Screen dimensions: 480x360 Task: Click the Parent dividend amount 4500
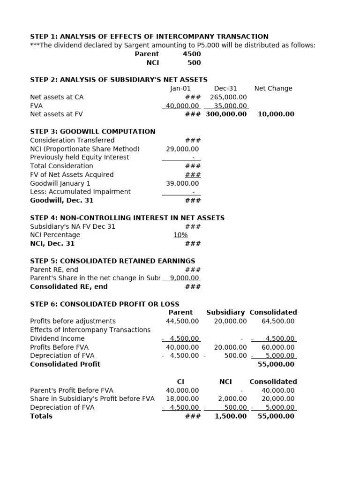click(x=192, y=54)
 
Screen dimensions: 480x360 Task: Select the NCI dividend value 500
click(x=194, y=63)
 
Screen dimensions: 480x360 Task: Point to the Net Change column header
click(x=273, y=89)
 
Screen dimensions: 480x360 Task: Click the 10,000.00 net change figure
click(x=276, y=114)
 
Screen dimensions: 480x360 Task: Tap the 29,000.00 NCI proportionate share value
click(x=182, y=149)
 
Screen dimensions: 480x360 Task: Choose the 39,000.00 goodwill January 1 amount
click(x=182, y=183)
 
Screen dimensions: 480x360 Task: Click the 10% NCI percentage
click(x=180, y=235)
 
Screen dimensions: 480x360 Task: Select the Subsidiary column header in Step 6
click(x=225, y=312)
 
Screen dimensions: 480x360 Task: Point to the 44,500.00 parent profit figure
click(x=182, y=321)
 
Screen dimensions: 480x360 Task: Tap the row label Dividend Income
click(x=57, y=338)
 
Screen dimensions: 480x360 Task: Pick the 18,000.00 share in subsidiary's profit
click(x=182, y=399)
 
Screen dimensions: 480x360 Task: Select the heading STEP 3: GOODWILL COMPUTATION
click(x=93, y=132)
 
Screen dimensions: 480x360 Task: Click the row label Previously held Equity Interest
click(x=79, y=157)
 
